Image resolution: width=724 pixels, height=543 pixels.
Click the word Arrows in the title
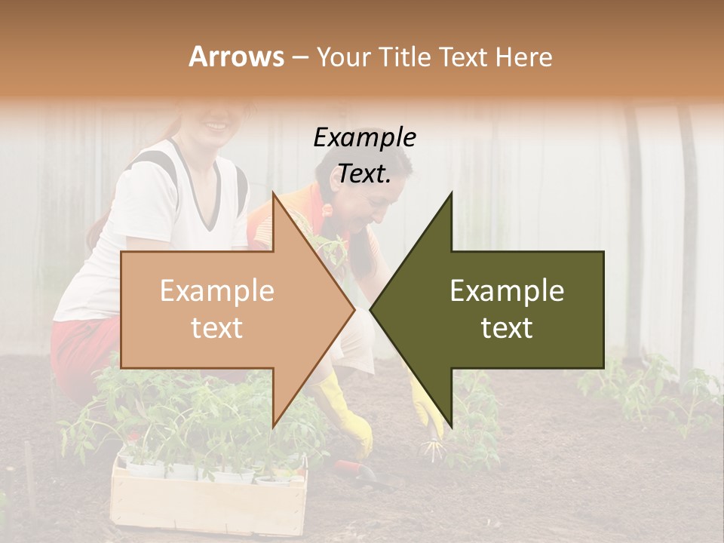pyautogui.click(x=237, y=57)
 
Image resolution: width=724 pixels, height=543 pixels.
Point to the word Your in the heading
pyautogui.click(x=344, y=57)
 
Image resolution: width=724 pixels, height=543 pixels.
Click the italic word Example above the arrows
pyautogui.click(x=364, y=137)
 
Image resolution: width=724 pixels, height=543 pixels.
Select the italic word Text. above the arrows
pyautogui.click(x=364, y=173)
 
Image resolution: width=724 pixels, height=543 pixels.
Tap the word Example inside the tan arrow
pyautogui.click(x=216, y=290)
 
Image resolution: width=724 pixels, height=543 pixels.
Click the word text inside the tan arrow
pyautogui.click(x=216, y=327)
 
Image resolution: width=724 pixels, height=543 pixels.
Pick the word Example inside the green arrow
pyautogui.click(x=507, y=290)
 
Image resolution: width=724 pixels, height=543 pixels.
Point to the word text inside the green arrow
pyautogui.click(x=507, y=327)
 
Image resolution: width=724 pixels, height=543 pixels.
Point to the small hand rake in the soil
pyautogui.click(x=431, y=451)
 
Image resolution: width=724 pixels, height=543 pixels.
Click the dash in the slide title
pyautogui.click(x=299, y=57)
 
